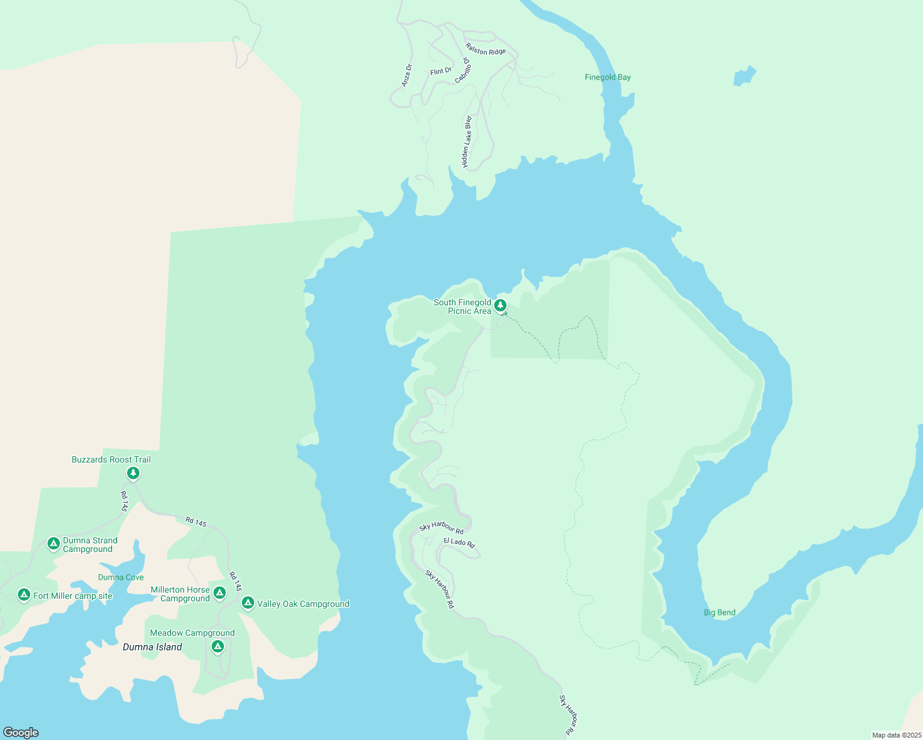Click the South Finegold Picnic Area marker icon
[x=500, y=305]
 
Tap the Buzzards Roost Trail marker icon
[x=133, y=473]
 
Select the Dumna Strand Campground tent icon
[x=54, y=543]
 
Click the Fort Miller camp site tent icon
[x=24, y=594]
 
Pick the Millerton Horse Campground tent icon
[x=219, y=593]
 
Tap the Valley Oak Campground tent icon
[x=248, y=602]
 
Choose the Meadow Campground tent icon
[x=217, y=646]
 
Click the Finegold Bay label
[x=608, y=77]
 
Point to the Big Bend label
[x=719, y=612]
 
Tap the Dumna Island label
[x=152, y=647]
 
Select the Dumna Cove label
[x=121, y=577]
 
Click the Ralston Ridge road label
[x=486, y=51]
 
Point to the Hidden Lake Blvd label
[x=467, y=142]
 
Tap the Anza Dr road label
[x=407, y=75]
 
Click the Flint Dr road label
[x=441, y=72]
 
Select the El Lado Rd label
[x=460, y=543]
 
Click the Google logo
[x=21, y=733]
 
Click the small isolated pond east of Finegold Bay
[x=744, y=76]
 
